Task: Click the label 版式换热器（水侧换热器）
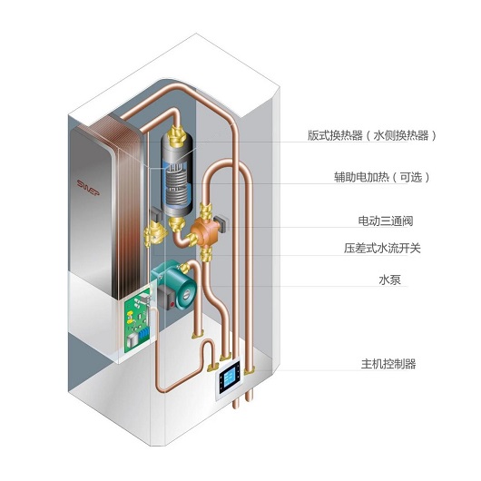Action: [372, 135]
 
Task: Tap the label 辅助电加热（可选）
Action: [382, 177]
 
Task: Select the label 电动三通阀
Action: [386, 221]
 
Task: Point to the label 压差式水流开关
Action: [382, 248]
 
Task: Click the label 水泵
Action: [389, 280]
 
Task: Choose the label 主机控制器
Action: [388, 364]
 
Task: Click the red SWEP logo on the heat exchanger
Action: [88, 188]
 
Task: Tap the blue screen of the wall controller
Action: [231, 381]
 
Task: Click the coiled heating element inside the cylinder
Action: [176, 185]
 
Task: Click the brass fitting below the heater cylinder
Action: [177, 224]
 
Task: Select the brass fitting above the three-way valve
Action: [205, 211]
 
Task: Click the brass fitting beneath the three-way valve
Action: [206, 254]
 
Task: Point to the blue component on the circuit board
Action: [143, 333]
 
